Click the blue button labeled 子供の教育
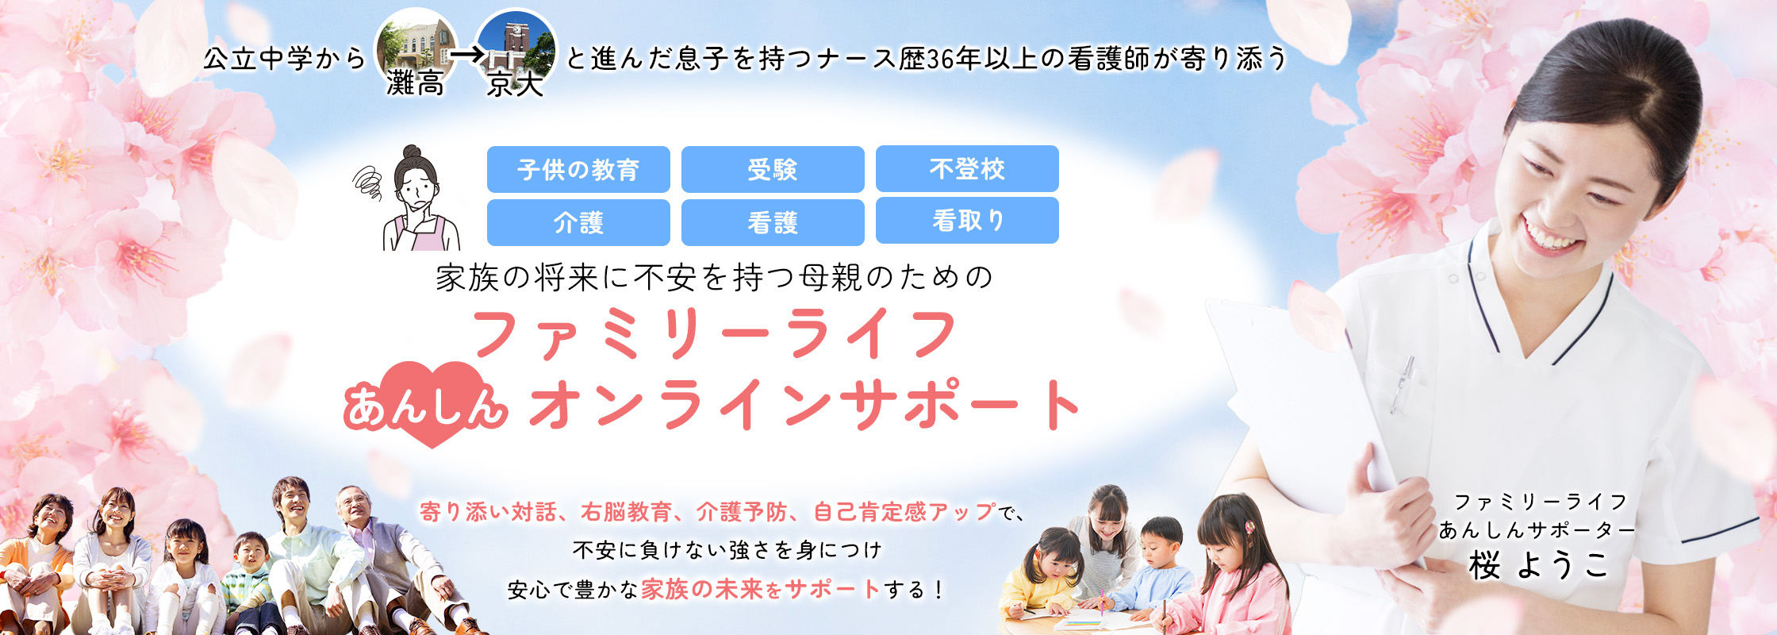pos(578,169)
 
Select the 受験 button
pos(773,169)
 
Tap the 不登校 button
pos(967,168)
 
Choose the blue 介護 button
pos(578,222)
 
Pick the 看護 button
pos(773,222)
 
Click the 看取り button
pos(967,221)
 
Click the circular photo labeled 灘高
pos(416,48)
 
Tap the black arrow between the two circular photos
pos(466,56)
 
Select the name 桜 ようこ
pos(1537,565)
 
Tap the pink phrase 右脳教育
pos(626,512)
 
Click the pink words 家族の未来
pos(701,589)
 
